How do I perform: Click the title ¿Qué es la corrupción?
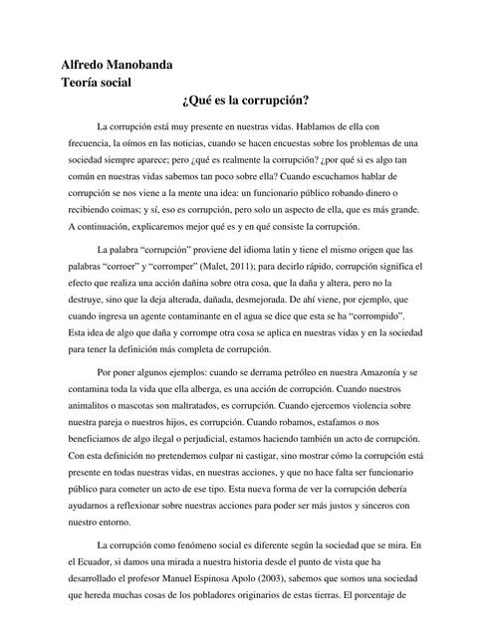[x=245, y=102]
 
